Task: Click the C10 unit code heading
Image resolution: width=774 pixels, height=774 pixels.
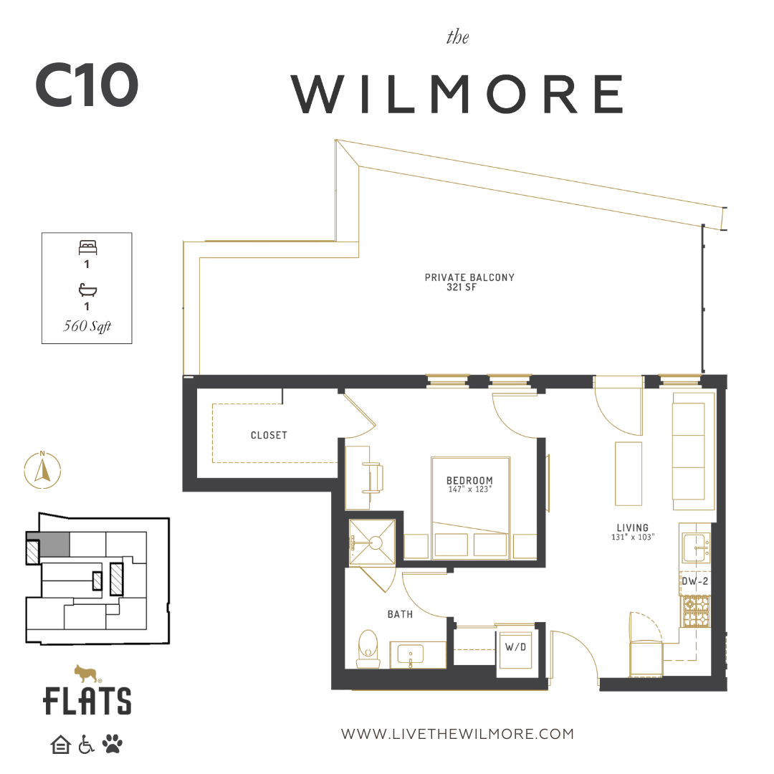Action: tap(87, 85)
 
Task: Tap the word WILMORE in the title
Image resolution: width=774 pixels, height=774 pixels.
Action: tap(457, 94)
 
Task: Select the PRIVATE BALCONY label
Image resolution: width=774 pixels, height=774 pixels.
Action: tap(469, 277)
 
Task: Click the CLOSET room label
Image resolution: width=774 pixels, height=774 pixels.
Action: tap(269, 436)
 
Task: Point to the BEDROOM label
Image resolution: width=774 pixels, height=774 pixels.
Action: tap(469, 480)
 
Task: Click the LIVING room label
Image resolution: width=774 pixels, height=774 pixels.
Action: tap(632, 527)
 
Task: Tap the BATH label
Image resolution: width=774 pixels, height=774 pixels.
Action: tap(400, 615)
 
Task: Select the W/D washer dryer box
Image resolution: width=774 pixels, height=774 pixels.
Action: tap(515, 649)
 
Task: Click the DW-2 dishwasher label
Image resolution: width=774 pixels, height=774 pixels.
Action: tap(694, 581)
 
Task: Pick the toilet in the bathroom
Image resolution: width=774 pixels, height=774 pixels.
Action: tap(368, 648)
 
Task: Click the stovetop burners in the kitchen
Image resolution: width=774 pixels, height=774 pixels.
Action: tap(695, 611)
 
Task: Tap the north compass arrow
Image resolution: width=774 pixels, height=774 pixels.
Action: tap(42, 470)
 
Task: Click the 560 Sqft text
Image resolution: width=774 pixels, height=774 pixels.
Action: tap(87, 326)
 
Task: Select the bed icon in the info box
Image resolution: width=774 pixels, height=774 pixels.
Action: tap(88, 247)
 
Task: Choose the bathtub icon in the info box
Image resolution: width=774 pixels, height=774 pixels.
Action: tap(87, 290)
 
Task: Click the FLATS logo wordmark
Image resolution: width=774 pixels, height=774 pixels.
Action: tap(87, 701)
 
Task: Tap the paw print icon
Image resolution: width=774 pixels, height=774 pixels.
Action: tap(113, 744)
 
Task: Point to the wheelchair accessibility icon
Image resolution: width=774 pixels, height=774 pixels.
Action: tap(86, 745)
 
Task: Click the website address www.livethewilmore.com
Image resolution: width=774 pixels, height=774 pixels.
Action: tap(457, 734)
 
